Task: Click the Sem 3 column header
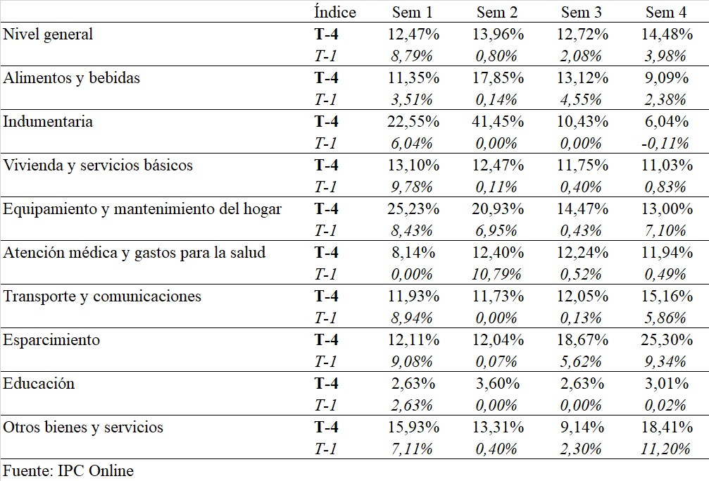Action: (x=581, y=12)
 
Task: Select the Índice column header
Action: (x=335, y=11)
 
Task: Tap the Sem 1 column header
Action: (x=413, y=12)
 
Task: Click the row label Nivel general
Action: (x=48, y=35)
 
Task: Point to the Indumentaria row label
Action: (x=48, y=121)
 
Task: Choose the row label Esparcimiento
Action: (x=51, y=340)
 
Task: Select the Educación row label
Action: (x=39, y=383)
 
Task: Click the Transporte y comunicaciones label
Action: (x=102, y=296)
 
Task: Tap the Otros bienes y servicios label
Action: (x=83, y=427)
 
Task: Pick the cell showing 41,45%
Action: (x=497, y=122)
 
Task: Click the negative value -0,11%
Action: (x=665, y=144)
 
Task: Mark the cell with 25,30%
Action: (x=667, y=340)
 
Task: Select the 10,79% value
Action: (x=496, y=274)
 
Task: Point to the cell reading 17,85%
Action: (x=497, y=78)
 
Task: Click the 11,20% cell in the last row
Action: (x=665, y=449)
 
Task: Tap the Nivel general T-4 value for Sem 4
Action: (x=667, y=35)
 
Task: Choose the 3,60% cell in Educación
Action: (x=497, y=384)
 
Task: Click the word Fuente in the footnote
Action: (x=28, y=470)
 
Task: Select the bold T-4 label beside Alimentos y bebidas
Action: (x=326, y=78)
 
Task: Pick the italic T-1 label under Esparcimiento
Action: (x=325, y=361)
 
